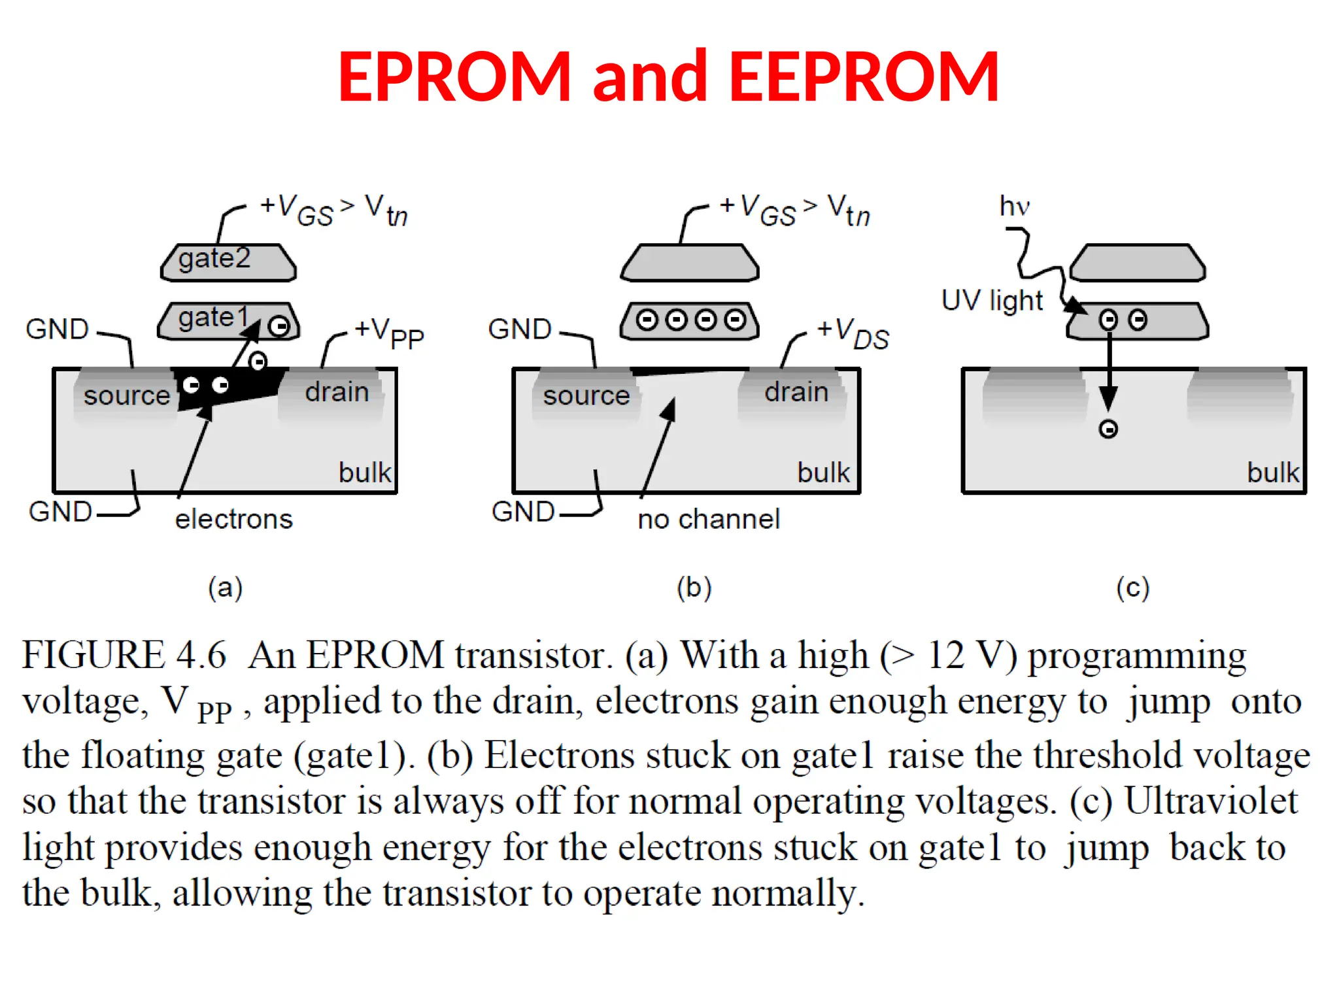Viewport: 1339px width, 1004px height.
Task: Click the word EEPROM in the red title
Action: (864, 77)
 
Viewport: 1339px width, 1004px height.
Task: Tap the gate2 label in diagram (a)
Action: (214, 258)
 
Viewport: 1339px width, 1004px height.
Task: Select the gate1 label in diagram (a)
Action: (213, 317)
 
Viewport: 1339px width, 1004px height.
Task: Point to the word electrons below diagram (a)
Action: (233, 519)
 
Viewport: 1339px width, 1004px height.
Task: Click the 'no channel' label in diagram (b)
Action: (709, 519)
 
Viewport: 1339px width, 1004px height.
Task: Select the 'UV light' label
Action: (992, 301)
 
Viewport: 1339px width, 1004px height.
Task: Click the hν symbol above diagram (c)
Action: (1014, 207)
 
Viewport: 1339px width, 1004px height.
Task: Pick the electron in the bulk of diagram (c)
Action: (1108, 429)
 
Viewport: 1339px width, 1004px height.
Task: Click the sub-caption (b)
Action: (694, 587)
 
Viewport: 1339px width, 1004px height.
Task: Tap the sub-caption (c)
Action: (1132, 587)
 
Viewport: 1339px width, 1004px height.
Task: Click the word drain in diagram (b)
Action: (796, 392)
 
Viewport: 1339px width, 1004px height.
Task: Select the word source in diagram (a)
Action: (127, 395)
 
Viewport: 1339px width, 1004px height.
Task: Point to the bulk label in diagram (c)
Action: (1272, 473)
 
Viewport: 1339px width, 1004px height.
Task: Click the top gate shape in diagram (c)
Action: (1138, 263)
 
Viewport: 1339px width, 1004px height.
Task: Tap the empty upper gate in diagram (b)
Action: (690, 263)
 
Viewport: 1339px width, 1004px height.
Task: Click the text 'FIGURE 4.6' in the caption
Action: (124, 655)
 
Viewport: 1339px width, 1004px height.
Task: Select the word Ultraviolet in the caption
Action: (1211, 801)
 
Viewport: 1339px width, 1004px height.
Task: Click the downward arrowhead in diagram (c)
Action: (1108, 397)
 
